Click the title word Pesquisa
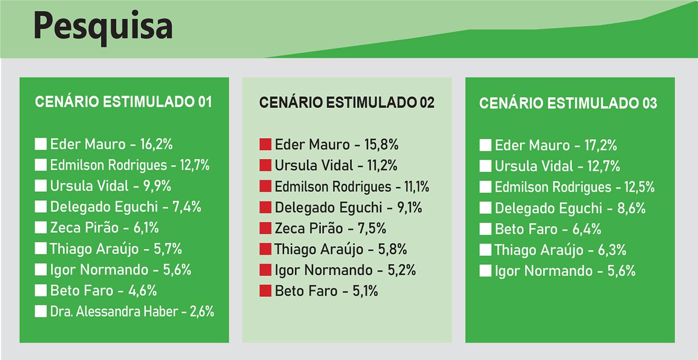coord(103,27)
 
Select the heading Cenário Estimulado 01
coord(123,102)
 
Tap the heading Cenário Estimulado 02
coord(346,102)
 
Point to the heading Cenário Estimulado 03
coord(568,103)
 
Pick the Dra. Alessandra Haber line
coord(132,311)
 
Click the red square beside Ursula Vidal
coord(265,166)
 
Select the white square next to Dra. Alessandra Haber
coord(41,311)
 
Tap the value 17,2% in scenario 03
coord(600,145)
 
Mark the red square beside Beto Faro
coord(265,291)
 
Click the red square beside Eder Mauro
coord(265,144)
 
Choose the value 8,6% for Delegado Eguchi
coord(630,208)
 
